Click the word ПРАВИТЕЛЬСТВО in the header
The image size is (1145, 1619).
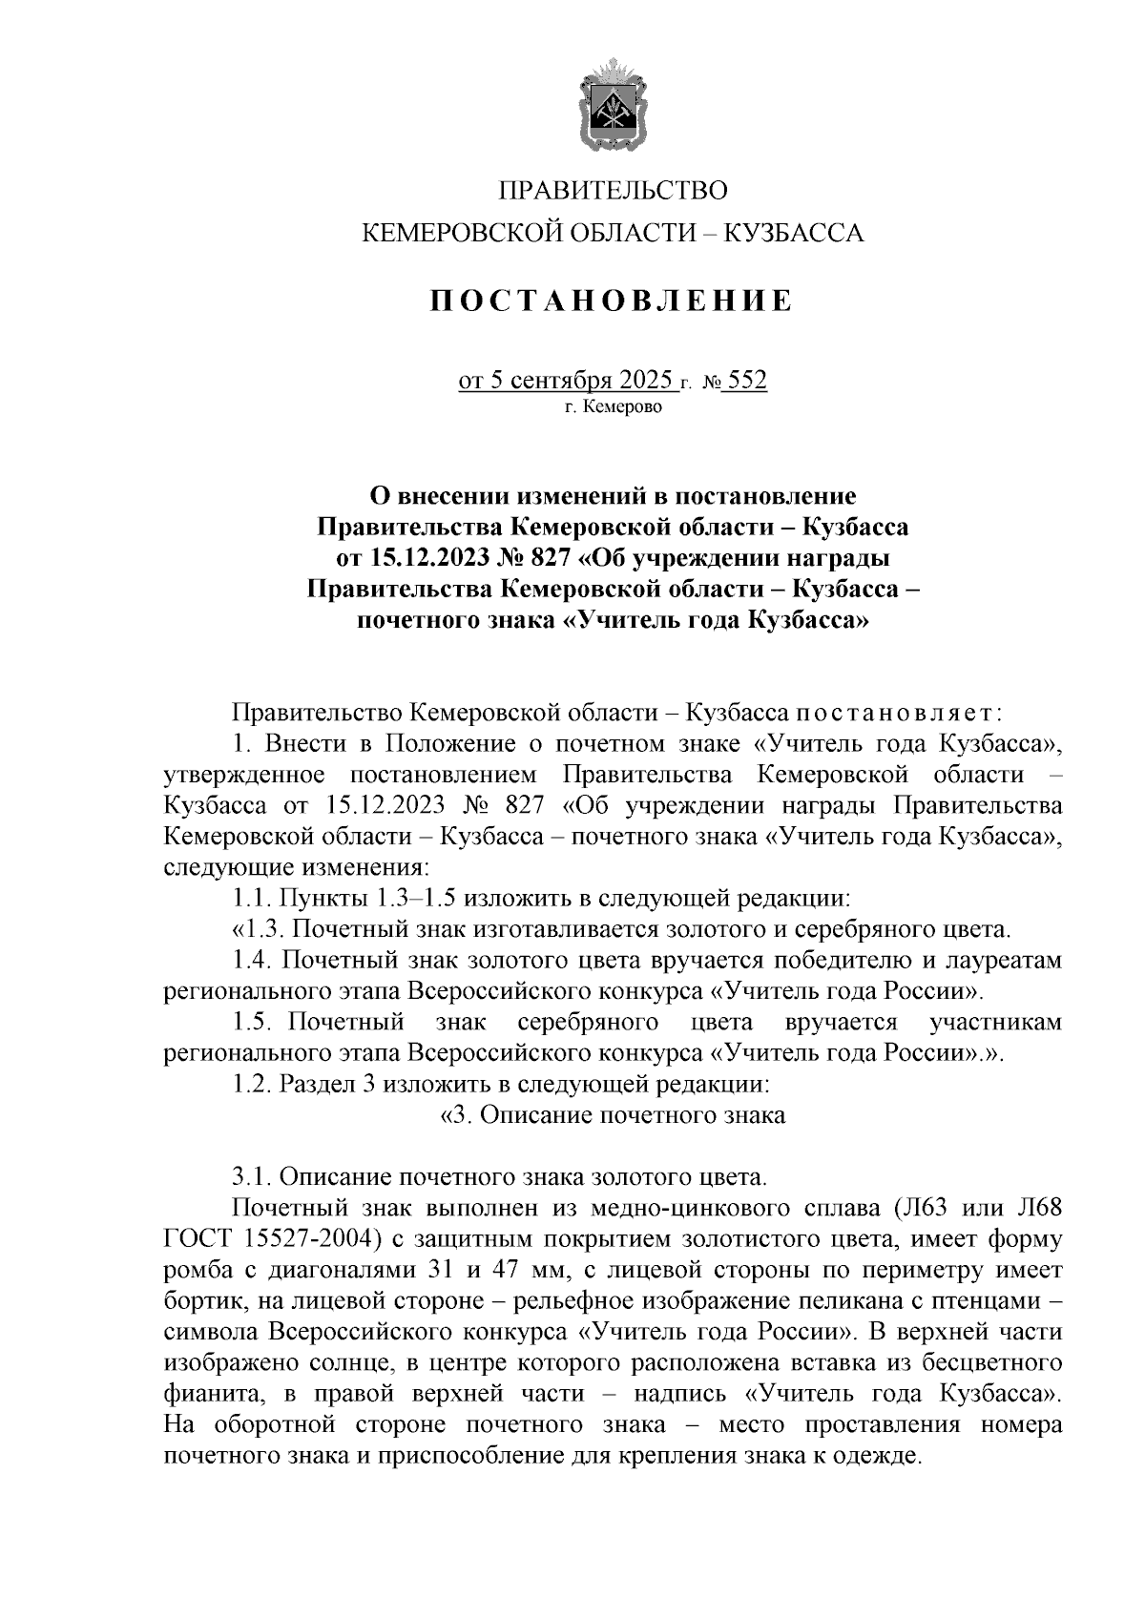click(x=614, y=191)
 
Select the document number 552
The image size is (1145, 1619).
click(x=746, y=382)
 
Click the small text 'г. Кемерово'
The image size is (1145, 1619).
click(x=613, y=407)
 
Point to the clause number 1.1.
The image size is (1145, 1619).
click(x=252, y=899)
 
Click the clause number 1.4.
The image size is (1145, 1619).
click(x=252, y=961)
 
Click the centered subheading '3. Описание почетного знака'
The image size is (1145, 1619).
click(x=611, y=1115)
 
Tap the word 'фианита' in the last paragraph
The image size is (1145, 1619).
click(x=211, y=1394)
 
